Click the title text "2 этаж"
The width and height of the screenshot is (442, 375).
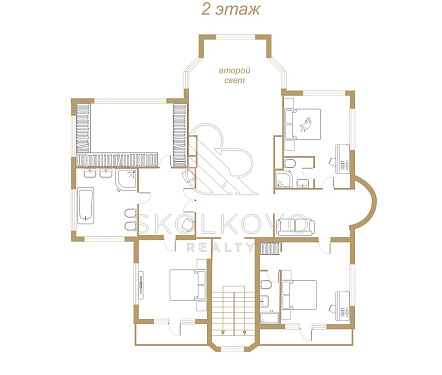click(231, 10)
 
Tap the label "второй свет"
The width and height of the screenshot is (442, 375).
click(235, 75)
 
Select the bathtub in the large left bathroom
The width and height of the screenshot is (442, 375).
click(86, 206)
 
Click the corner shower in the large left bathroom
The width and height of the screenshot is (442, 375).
click(126, 180)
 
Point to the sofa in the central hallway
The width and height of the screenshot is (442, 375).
click(295, 225)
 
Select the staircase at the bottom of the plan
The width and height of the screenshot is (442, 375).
click(234, 310)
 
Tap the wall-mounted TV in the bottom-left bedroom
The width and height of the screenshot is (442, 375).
click(141, 284)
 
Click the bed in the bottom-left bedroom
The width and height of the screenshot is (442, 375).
click(186, 285)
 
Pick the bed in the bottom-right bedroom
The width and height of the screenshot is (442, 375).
click(300, 295)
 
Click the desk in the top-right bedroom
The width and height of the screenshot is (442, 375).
click(343, 159)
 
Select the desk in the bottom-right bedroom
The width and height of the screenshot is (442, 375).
click(343, 306)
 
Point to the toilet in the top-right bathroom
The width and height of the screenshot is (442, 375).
click(290, 164)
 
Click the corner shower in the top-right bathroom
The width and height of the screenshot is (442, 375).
click(284, 179)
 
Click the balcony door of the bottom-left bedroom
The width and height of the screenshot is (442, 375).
click(175, 327)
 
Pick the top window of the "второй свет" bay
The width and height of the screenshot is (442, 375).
click(236, 37)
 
